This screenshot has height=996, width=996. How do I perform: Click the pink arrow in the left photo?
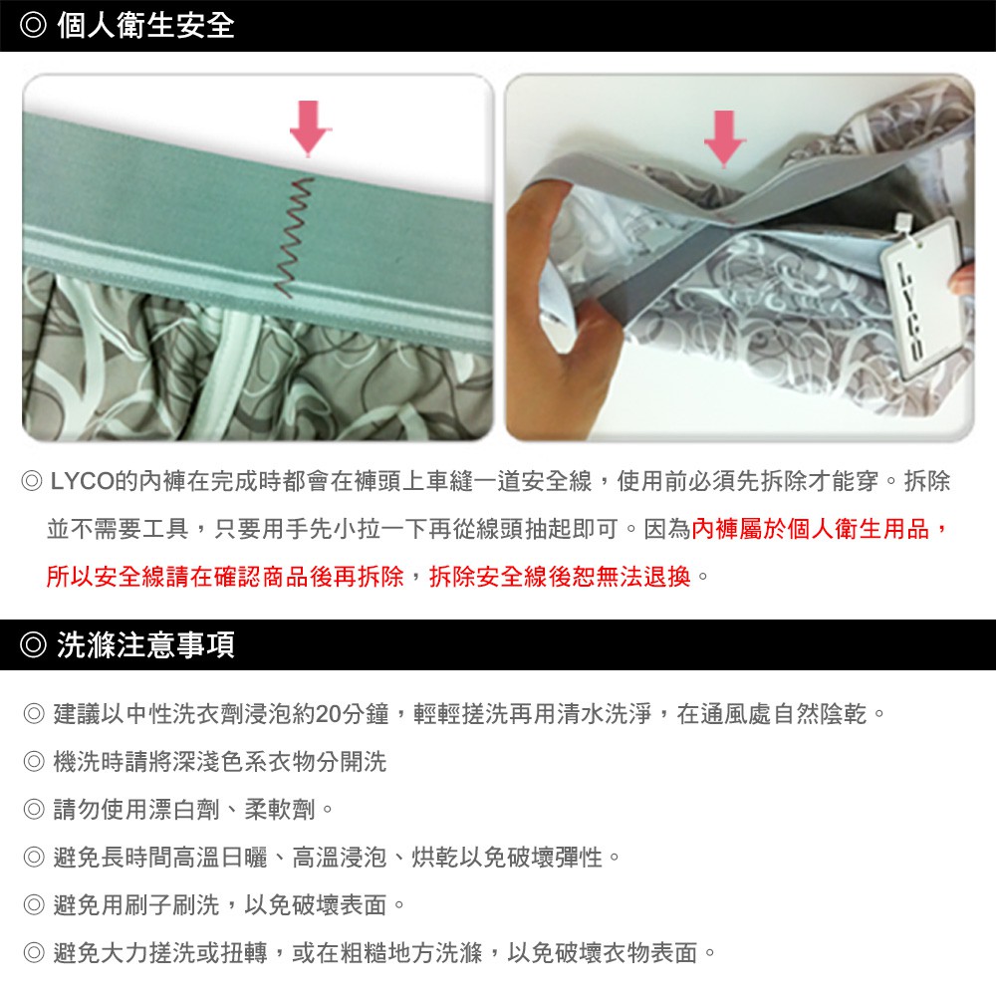point(309,127)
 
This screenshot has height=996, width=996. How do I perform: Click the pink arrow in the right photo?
point(724,137)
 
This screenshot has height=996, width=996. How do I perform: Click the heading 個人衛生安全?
point(146,26)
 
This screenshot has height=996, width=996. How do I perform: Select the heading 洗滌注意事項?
point(146,644)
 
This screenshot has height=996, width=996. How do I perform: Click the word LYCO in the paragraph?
point(83,481)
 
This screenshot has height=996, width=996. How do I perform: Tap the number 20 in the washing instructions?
point(328,714)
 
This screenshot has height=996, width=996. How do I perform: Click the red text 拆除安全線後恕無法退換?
point(560,576)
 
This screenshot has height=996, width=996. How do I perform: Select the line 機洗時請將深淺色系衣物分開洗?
point(220,762)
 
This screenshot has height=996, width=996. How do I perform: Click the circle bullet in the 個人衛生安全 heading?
point(33,26)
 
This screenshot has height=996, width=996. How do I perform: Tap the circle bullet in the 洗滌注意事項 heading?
point(33,644)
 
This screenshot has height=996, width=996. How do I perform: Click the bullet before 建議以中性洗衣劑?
point(34,714)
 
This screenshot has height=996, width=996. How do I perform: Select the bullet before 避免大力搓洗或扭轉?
point(34,952)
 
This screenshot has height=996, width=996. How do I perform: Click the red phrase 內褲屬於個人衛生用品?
point(810,529)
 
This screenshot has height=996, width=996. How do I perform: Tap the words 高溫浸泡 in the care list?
point(340,857)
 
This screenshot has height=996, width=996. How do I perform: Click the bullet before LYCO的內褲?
point(32,481)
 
